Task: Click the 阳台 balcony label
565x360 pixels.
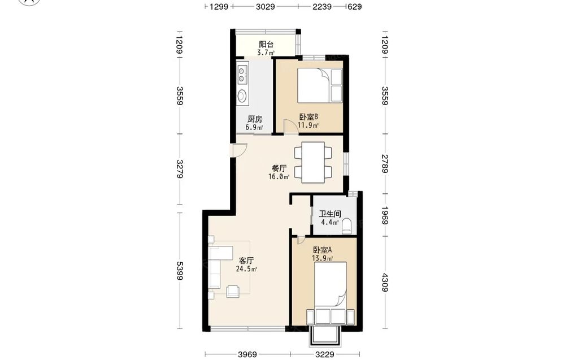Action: (266, 44)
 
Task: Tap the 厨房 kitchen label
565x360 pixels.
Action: (254, 119)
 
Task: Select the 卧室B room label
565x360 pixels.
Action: (308, 117)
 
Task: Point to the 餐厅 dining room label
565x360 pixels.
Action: (279, 168)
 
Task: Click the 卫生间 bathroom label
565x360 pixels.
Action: (330, 214)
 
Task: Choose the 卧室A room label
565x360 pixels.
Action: (322, 250)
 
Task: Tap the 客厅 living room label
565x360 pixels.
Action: (246, 261)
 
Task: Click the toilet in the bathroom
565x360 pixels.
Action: (347, 225)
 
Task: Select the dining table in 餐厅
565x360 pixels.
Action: (313, 163)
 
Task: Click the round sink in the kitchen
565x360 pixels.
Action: (242, 96)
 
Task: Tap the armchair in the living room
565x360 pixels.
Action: (232, 291)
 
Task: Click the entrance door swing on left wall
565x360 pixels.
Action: (240, 150)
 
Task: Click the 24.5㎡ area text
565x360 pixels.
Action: (246, 269)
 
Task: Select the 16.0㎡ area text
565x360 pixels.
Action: (279, 176)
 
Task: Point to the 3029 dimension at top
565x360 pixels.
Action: (266, 6)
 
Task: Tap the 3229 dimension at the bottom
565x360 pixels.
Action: (325, 354)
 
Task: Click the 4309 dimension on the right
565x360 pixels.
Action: (385, 283)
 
